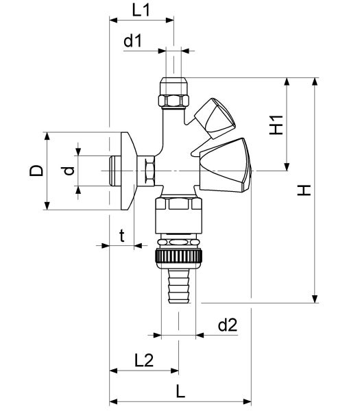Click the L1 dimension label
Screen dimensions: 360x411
point(141,10)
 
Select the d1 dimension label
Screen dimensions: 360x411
point(132,41)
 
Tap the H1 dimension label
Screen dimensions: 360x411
point(276,125)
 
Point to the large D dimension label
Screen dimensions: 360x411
point(36,171)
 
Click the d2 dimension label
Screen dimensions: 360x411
point(228,325)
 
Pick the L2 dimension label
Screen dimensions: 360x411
point(144,360)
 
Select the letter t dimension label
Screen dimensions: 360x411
point(122,236)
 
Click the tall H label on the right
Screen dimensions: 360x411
point(304,190)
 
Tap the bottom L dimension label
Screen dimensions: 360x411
point(180,392)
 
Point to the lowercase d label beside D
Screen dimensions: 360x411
point(69,171)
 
